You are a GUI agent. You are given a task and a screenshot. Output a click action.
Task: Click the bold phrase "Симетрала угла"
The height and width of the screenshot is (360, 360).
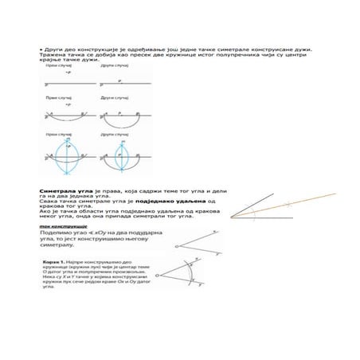57,193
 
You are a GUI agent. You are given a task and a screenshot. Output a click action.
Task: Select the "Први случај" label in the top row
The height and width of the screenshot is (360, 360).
57,67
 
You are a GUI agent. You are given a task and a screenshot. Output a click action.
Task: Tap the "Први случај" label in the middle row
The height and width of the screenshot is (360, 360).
57,97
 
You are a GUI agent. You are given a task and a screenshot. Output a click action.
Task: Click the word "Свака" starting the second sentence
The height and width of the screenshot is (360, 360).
48,203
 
